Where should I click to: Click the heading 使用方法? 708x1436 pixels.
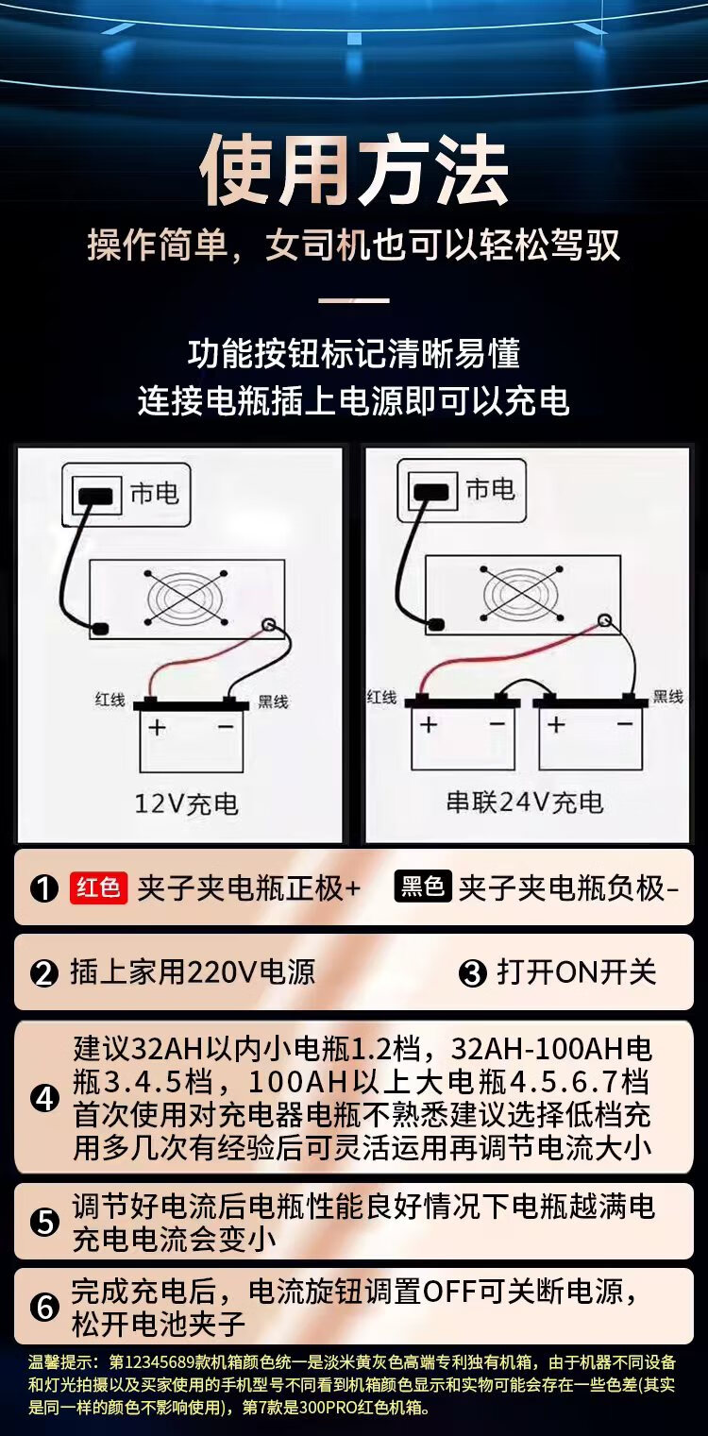pos(354,169)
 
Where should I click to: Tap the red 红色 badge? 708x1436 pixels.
pos(98,887)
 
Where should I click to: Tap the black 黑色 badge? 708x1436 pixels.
pos(423,887)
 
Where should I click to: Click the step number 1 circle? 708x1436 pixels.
pos(44,888)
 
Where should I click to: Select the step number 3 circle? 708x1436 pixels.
pos(473,973)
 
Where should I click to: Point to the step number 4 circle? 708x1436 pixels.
pos(44,1099)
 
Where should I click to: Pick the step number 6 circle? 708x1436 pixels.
pos(44,1308)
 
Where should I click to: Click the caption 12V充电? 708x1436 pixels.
pos(186,803)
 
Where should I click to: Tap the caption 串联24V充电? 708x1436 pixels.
pos(525,802)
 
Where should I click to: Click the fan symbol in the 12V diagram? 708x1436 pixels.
pos(186,598)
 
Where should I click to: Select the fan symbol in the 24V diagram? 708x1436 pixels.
pos(521,594)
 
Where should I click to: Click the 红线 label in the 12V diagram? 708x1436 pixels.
pos(110,700)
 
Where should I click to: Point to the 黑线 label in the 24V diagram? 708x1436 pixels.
pos(667,697)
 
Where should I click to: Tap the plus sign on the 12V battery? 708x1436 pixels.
pos(157,728)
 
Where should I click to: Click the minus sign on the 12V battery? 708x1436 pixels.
pos(226,727)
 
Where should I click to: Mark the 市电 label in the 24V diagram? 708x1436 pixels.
pos(490,490)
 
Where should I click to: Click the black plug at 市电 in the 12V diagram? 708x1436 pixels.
pos(95,497)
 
